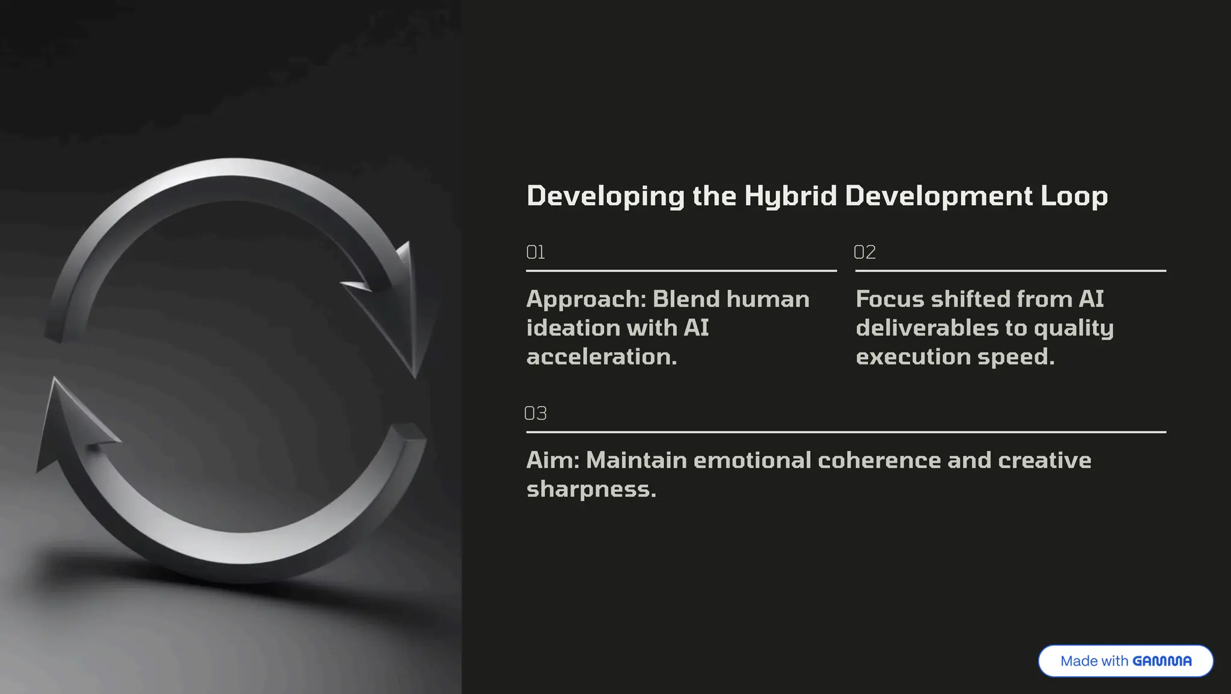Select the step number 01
point(535,252)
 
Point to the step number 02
point(864,252)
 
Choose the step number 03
point(535,413)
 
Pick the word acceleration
point(601,357)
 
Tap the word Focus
point(889,299)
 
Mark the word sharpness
point(591,489)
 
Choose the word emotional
point(752,460)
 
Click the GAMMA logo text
point(1162,661)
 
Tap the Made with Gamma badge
point(1125,661)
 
